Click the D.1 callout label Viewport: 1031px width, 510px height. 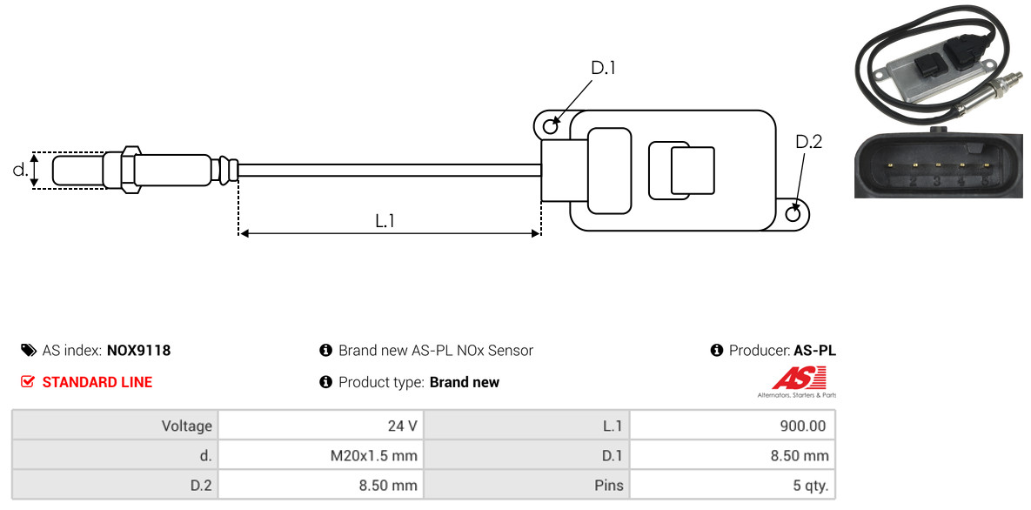pos(603,68)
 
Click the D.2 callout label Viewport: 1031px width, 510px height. pos(809,142)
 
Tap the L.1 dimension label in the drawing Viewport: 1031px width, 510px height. pos(385,221)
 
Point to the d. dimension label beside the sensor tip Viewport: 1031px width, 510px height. pos(20,170)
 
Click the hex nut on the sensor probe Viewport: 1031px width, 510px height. pos(131,169)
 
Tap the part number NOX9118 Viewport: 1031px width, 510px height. pos(138,350)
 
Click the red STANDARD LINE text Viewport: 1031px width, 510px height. pos(97,382)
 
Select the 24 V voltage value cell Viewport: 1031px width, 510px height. pos(321,426)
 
